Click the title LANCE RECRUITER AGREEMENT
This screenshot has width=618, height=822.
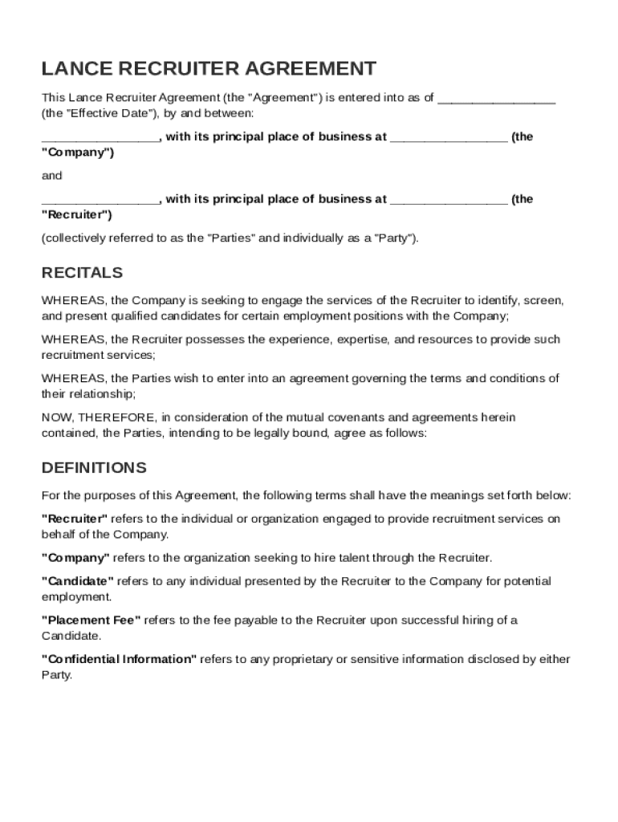click(x=209, y=68)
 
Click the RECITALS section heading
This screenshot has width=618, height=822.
click(x=83, y=273)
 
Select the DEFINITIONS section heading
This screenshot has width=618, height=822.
click(x=94, y=467)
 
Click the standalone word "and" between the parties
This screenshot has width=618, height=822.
click(x=51, y=176)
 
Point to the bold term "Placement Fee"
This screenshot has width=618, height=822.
click(x=91, y=620)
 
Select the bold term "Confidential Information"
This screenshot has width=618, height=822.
click(x=119, y=659)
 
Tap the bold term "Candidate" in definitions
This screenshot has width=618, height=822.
click(x=78, y=580)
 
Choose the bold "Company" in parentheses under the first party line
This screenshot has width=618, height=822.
click(x=77, y=153)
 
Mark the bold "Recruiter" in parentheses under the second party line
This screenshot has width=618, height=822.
click(x=76, y=215)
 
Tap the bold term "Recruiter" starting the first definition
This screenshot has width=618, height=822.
click(x=75, y=519)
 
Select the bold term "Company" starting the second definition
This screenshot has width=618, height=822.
click(x=75, y=558)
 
